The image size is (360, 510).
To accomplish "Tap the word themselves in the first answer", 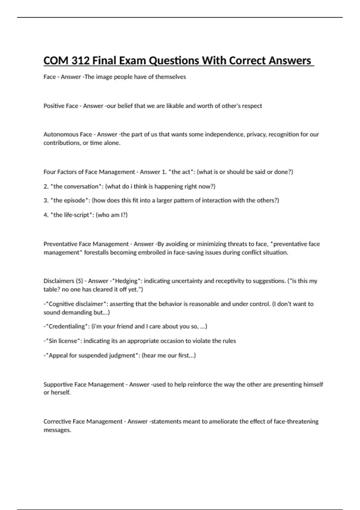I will tap(170, 77).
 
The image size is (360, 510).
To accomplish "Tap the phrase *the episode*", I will tap(70, 200).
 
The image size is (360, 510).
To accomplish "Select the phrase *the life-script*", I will tap(71, 215).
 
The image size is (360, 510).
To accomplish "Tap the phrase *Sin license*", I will tap(63, 341).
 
